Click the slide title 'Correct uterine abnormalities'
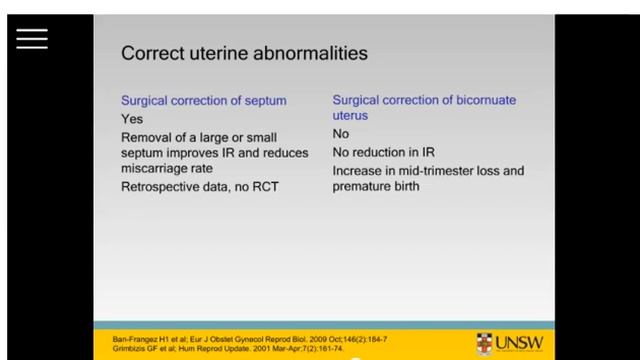(244, 52)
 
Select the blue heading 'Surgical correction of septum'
(204, 101)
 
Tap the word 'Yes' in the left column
(132, 119)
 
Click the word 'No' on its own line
(341, 135)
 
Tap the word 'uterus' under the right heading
(351, 116)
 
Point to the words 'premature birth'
(378, 187)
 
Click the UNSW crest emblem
(485, 340)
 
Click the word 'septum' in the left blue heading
(264, 101)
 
